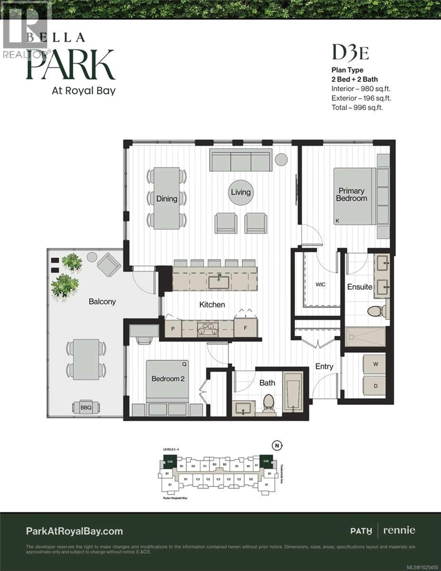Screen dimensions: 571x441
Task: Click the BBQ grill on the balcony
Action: tap(86, 407)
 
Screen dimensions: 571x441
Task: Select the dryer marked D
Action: tap(375, 386)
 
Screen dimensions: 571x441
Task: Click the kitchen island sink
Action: tap(219, 282)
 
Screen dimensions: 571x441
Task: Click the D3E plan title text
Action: tap(350, 53)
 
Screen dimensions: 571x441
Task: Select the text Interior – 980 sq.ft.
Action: tap(361, 89)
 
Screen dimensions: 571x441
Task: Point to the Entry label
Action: tap(324, 366)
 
